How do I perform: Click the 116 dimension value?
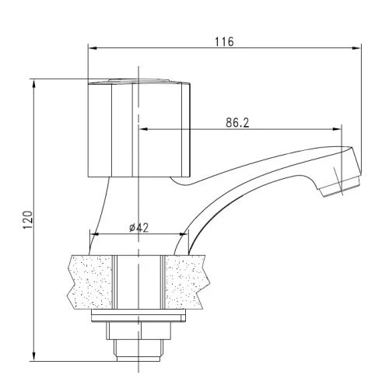click(x=225, y=41)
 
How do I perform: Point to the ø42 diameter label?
click(x=138, y=227)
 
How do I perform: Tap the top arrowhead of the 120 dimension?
click(x=33, y=82)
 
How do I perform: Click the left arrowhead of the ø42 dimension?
click(x=94, y=234)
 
